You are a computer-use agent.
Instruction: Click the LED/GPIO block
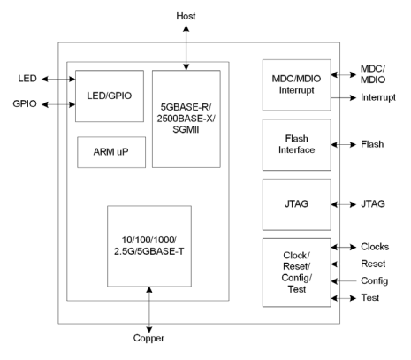point(107,95)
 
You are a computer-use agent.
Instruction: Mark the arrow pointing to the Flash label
point(346,144)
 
